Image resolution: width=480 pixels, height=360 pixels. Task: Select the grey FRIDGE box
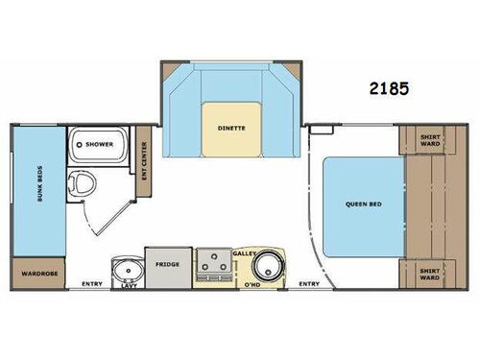pyautogui.click(x=167, y=265)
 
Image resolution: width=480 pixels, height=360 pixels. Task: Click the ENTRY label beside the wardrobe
pyautogui.click(x=92, y=283)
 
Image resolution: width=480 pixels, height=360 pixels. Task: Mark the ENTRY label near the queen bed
pyautogui.click(x=309, y=283)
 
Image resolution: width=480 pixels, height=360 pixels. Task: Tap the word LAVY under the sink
pyautogui.click(x=127, y=286)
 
